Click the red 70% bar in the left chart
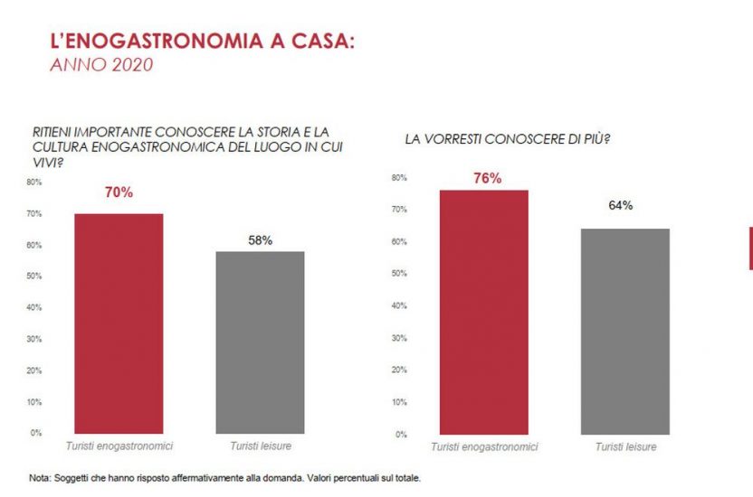point(119,324)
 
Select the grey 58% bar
point(259,342)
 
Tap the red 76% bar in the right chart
point(483,312)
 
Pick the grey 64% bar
point(624,331)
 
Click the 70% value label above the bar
point(119,192)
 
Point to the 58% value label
point(260,240)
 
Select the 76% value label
point(487,178)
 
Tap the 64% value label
point(620,206)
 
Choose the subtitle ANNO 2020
point(100,64)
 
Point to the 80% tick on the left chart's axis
point(34,182)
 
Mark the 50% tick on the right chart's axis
point(398,274)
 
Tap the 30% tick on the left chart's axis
point(34,339)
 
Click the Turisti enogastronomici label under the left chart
point(119,446)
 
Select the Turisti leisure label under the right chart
point(625,447)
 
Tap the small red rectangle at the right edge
point(749,248)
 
